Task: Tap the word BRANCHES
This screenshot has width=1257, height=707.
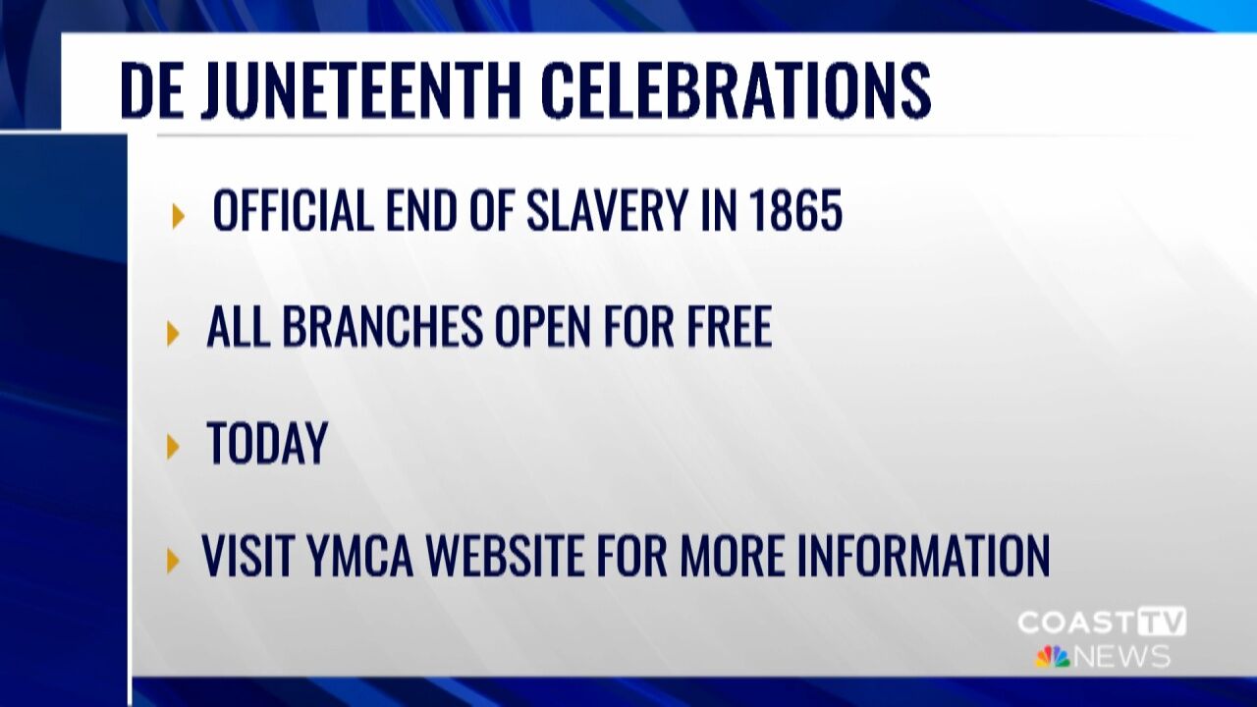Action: click(x=386, y=327)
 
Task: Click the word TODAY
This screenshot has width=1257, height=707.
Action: click(x=266, y=443)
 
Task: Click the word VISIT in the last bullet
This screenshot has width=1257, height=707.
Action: click(x=248, y=555)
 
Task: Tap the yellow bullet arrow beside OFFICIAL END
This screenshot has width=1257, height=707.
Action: click(x=178, y=215)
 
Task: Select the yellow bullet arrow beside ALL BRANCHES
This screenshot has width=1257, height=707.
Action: click(x=174, y=333)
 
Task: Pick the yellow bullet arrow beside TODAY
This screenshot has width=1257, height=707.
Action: click(x=174, y=447)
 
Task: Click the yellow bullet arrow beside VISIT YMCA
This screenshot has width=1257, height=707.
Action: click(x=174, y=561)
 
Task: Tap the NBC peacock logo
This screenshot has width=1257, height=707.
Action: click(x=1052, y=656)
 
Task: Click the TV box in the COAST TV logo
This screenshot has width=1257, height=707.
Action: click(x=1162, y=622)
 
